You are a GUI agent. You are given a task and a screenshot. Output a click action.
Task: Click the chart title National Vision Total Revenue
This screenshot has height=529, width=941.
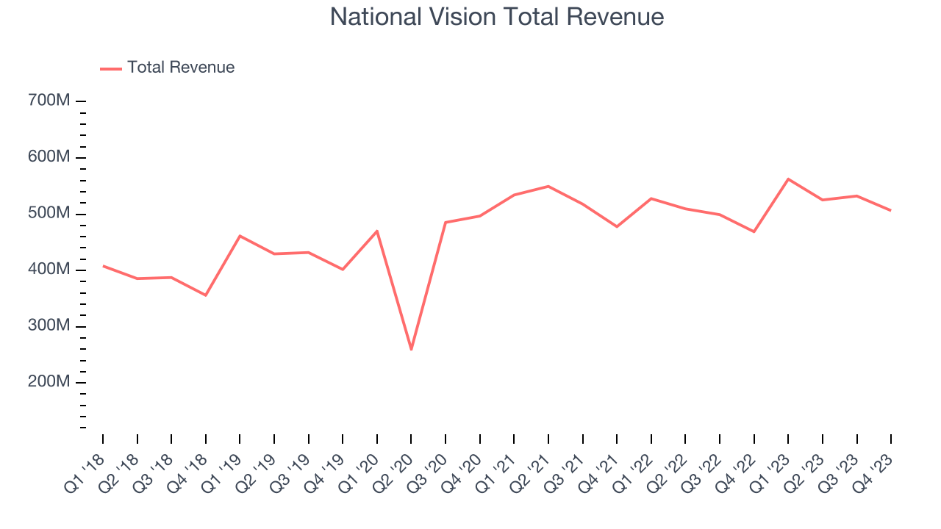click(x=497, y=17)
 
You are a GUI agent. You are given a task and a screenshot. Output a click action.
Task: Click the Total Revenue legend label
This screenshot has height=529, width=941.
click(x=180, y=68)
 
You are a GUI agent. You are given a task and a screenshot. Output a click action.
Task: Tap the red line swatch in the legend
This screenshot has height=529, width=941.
click(x=111, y=68)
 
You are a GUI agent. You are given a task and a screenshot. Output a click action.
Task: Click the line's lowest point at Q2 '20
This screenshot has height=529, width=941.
click(x=411, y=349)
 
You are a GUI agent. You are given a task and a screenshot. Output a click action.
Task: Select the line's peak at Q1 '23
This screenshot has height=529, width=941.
click(x=788, y=179)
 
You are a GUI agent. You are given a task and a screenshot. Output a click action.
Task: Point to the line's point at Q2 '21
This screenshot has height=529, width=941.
click(x=548, y=186)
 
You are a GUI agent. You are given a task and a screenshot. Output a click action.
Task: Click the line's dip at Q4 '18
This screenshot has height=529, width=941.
click(x=206, y=295)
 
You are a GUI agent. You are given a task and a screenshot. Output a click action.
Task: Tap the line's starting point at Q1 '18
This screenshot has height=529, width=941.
click(x=103, y=266)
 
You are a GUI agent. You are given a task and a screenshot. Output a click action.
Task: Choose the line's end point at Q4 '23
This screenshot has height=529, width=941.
click(x=891, y=210)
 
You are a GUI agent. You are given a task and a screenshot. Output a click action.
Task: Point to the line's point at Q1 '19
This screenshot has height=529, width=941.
click(x=240, y=236)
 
